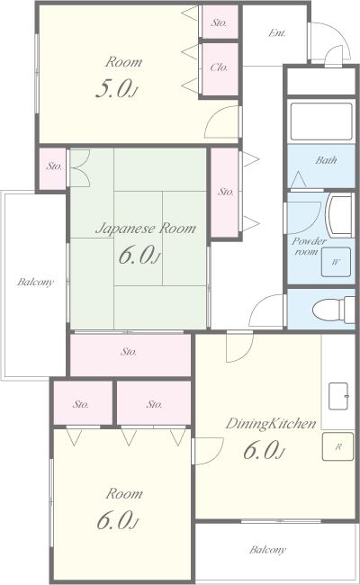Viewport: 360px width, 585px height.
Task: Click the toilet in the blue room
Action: click(x=333, y=310)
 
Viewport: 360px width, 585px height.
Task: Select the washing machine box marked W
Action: click(x=336, y=262)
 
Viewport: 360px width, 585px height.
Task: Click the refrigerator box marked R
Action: click(x=337, y=446)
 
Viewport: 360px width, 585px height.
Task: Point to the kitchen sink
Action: click(x=338, y=396)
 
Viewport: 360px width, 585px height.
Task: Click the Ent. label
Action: click(x=277, y=33)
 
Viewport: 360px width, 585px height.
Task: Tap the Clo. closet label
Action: click(x=219, y=67)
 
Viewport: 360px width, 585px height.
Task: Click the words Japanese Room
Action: click(x=146, y=229)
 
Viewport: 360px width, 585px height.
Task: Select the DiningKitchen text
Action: click(x=271, y=424)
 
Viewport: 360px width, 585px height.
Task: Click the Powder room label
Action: click(x=308, y=247)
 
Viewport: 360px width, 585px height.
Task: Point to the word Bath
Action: click(x=326, y=160)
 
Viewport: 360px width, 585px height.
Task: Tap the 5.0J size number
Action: click(x=117, y=89)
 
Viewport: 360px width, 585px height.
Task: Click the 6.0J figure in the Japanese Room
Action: click(x=139, y=256)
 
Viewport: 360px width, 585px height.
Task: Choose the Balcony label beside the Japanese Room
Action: click(x=35, y=282)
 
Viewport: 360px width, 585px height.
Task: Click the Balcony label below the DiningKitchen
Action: click(x=268, y=550)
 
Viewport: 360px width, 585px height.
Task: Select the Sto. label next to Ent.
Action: click(x=219, y=22)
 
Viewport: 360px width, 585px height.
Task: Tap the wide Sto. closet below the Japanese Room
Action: click(x=130, y=355)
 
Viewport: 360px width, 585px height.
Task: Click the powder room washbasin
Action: click(x=339, y=216)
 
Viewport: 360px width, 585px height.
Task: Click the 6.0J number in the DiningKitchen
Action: click(x=264, y=450)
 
